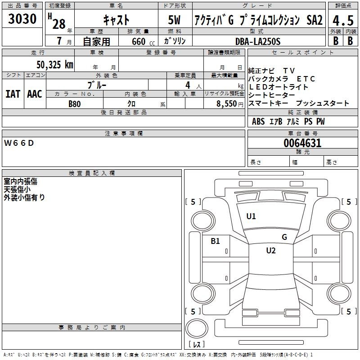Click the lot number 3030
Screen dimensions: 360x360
click(x=22, y=19)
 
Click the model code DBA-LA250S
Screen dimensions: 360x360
click(x=258, y=41)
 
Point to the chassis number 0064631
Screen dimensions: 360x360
click(x=302, y=144)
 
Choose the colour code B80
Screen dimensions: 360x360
click(x=75, y=103)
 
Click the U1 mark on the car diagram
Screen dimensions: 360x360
click(x=251, y=216)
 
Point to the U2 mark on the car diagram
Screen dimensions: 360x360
click(x=270, y=251)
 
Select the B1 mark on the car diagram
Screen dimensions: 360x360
click(x=216, y=241)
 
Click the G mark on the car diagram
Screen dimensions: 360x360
click(x=284, y=237)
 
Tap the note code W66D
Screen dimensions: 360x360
click(x=19, y=143)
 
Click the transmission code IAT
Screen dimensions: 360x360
click(x=13, y=94)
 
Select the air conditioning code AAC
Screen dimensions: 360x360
click(x=34, y=94)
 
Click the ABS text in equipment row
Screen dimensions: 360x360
click(x=258, y=121)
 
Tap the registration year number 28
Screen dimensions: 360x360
click(x=58, y=24)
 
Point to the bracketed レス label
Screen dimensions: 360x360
click(x=196, y=345)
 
